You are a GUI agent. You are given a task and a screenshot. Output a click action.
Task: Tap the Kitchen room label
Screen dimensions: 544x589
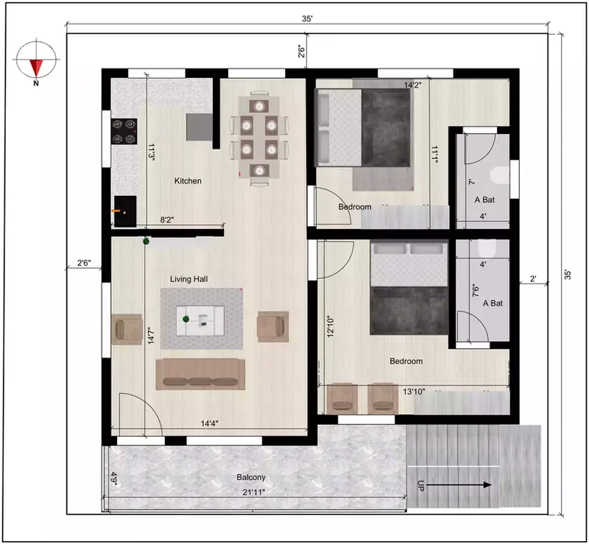point(188,181)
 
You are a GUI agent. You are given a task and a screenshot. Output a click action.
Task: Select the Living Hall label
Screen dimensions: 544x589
point(191,279)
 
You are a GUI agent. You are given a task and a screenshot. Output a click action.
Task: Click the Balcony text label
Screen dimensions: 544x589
point(251,477)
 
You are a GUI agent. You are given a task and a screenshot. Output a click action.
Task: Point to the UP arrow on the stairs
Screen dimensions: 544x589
point(456,485)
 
